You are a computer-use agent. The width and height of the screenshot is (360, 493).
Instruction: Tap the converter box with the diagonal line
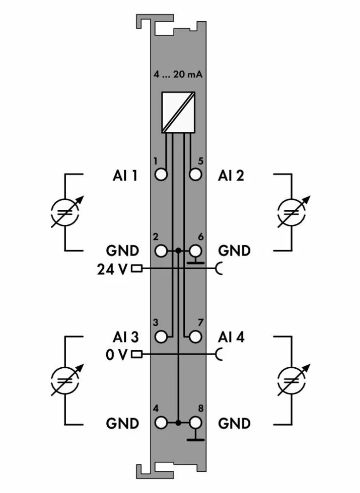click(x=178, y=113)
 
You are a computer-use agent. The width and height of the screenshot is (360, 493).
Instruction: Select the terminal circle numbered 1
click(x=161, y=175)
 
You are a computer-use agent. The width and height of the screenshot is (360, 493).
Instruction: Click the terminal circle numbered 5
click(x=195, y=175)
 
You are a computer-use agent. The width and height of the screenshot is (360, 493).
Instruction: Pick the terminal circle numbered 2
click(x=161, y=251)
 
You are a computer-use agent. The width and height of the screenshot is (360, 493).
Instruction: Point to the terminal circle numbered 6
click(x=195, y=251)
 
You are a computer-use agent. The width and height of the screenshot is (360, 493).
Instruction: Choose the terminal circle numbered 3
click(x=161, y=336)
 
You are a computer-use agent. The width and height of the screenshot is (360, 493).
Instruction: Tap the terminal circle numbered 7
click(x=195, y=336)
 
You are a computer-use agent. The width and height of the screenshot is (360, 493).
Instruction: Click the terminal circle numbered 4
click(x=161, y=423)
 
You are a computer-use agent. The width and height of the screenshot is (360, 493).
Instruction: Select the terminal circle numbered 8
click(x=195, y=423)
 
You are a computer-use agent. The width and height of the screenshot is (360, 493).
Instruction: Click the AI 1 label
click(x=125, y=176)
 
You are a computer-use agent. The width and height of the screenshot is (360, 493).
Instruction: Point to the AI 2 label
click(x=231, y=176)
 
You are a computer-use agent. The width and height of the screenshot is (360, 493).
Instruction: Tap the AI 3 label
click(x=125, y=337)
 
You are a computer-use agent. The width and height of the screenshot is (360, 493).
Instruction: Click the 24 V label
click(x=112, y=269)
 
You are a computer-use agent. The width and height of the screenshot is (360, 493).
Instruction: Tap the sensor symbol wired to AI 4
click(x=292, y=378)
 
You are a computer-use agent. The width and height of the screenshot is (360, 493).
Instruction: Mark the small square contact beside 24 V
click(x=136, y=269)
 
